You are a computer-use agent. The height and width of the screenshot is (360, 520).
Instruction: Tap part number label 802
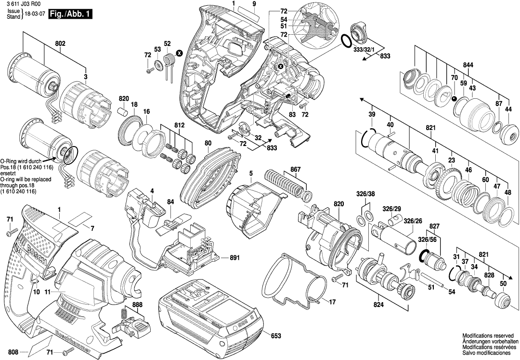(x=60, y=43)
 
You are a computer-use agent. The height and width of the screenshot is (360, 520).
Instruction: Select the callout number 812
(x=179, y=125)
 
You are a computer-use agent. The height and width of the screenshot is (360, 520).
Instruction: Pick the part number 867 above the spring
(x=295, y=170)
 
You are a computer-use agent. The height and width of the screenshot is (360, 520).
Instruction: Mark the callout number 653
(x=276, y=335)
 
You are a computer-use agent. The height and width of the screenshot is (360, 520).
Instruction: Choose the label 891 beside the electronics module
(x=234, y=258)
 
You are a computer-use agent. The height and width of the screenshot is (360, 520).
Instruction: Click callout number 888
(x=137, y=305)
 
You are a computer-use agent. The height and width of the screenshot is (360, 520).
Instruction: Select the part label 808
(x=13, y=352)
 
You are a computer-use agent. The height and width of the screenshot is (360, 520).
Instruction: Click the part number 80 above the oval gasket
(x=208, y=143)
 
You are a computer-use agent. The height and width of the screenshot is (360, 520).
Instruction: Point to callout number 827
(x=435, y=226)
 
